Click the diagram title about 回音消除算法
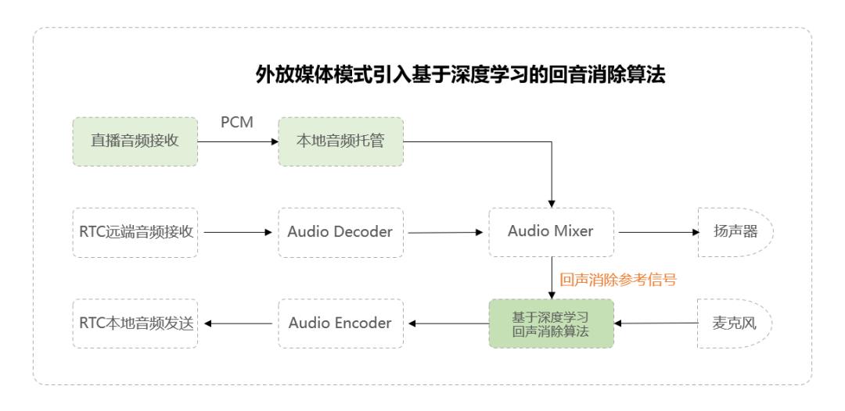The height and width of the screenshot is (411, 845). [461, 75]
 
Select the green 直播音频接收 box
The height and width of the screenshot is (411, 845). [135, 141]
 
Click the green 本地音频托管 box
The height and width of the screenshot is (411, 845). [340, 141]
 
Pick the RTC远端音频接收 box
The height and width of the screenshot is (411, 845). [135, 232]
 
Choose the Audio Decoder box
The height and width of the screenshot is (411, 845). [340, 232]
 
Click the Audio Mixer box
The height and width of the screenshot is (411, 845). [552, 232]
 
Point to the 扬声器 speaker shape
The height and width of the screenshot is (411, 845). [733, 232]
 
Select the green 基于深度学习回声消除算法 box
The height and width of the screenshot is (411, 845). [552, 323]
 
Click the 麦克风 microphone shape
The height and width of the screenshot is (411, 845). [733, 323]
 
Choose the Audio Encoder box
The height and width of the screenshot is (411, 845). [340, 323]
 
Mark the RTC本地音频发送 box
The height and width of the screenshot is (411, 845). [135, 323]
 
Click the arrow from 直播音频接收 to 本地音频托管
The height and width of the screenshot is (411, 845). [238, 142]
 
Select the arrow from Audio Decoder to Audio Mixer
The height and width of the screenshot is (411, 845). [445, 232]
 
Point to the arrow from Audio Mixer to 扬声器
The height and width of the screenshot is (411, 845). [657, 232]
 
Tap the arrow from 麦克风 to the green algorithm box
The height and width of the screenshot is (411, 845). [656, 323]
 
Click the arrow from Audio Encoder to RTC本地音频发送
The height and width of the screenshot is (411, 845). [238, 323]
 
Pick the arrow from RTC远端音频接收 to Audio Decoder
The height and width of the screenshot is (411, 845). [238, 232]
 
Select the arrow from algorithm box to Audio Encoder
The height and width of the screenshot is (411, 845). [445, 323]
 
